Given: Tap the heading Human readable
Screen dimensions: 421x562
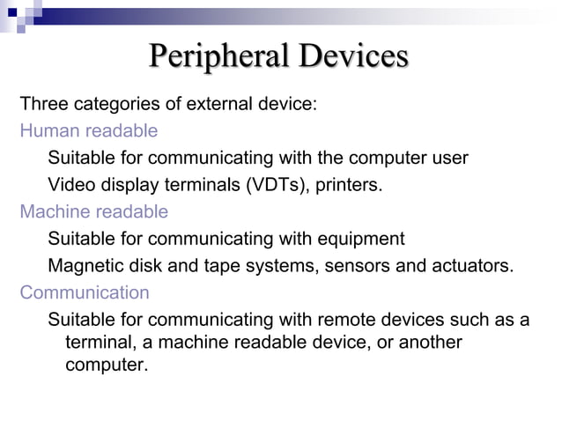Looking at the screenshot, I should point(89,131).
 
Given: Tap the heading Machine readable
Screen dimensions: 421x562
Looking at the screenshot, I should point(94,212).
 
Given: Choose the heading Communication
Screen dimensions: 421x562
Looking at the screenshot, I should point(85,292).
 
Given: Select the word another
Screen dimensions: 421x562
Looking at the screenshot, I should point(428,342).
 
